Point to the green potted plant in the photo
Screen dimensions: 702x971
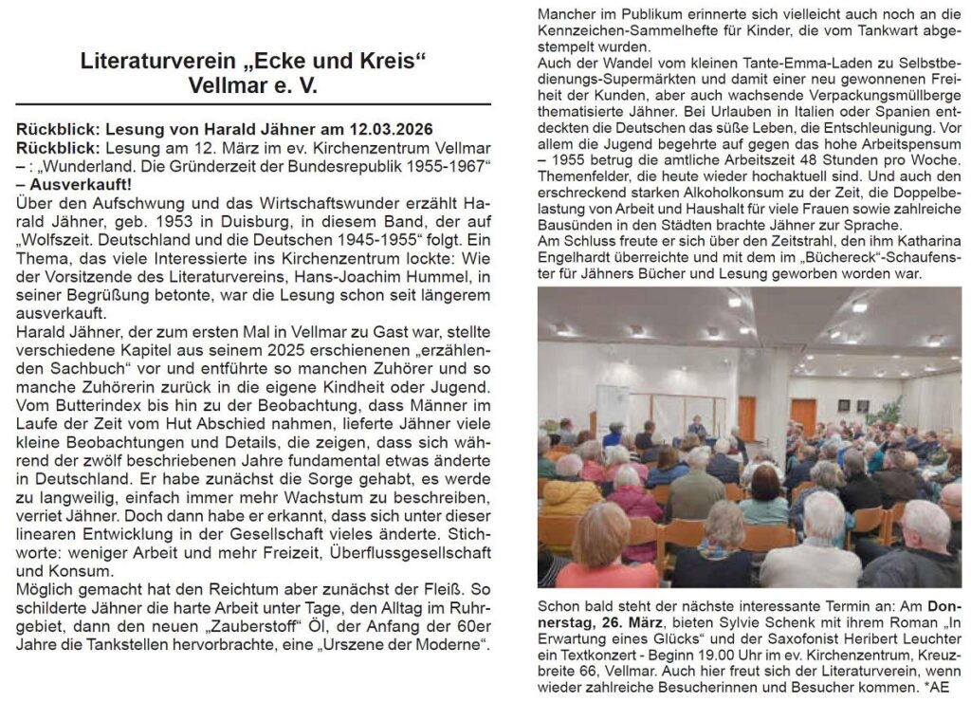[x=888, y=411]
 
